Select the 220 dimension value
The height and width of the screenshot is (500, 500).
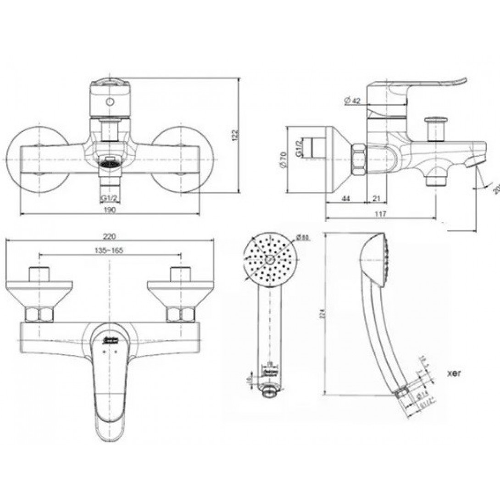pyautogui.click(x=109, y=237)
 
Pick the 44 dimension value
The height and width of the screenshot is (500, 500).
pyautogui.click(x=346, y=199)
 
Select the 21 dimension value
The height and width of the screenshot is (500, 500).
pyautogui.click(x=376, y=199)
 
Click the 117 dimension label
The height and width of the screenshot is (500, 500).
pyautogui.click(x=380, y=214)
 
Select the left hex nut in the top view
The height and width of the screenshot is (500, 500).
pyautogui.click(x=39, y=315)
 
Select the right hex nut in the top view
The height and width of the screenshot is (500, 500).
pyautogui.click(x=180, y=315)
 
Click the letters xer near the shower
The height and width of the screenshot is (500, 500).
pyautogui.click(x=454, y=373)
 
